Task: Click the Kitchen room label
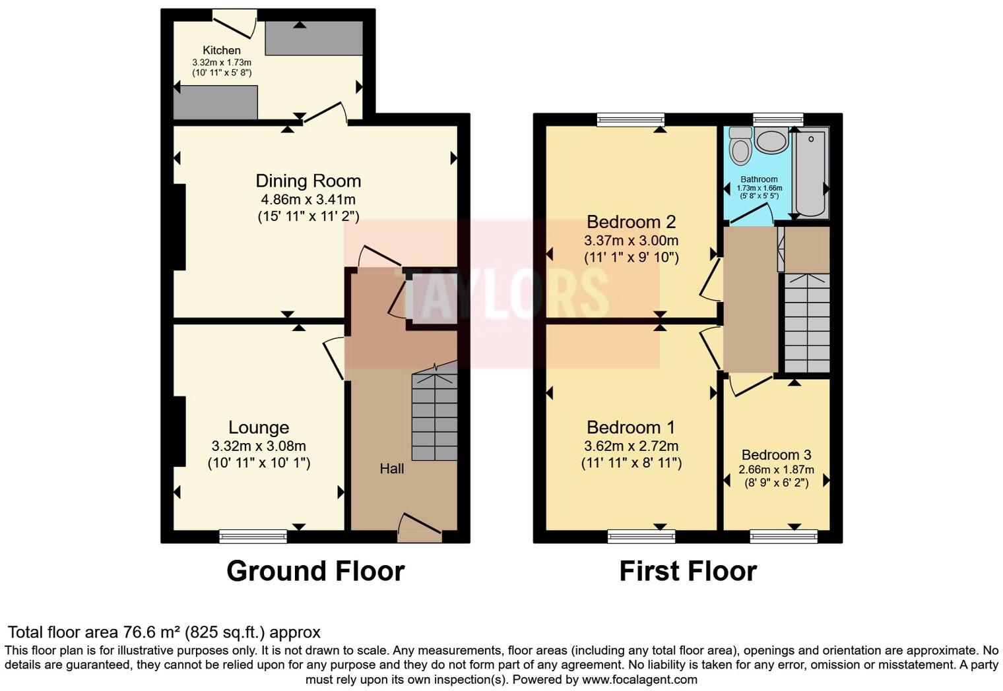tap(221, 50)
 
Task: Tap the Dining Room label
tap(308, 181)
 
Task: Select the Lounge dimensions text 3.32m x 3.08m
tap(259, 446)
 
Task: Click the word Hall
tap(392, 469)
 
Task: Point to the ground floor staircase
tap(434, 416)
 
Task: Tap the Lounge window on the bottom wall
tap(253, 537)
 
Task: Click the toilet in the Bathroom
tap(741, 146)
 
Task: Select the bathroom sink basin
tap(771, 140)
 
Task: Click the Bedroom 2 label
tap(631, 222)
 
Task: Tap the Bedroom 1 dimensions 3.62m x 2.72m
tap(631, 446)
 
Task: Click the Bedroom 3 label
tap(776, 455)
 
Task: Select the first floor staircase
tap(806, 323)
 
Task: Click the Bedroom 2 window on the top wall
tap(630, 119)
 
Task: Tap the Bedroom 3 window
tap(783, 537)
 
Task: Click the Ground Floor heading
tap(315, 571)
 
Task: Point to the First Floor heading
tap(688, 571)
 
